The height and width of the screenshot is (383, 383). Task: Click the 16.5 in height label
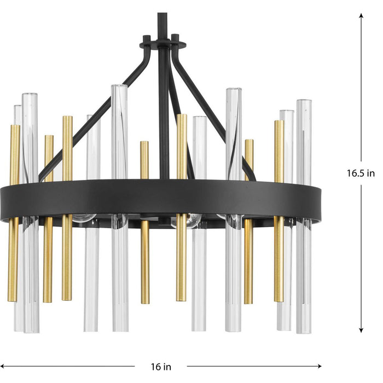(x=361, y=173)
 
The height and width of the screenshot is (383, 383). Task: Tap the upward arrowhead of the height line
(x=361, y=16)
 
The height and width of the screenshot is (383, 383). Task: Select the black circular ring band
(x=164, y=200)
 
